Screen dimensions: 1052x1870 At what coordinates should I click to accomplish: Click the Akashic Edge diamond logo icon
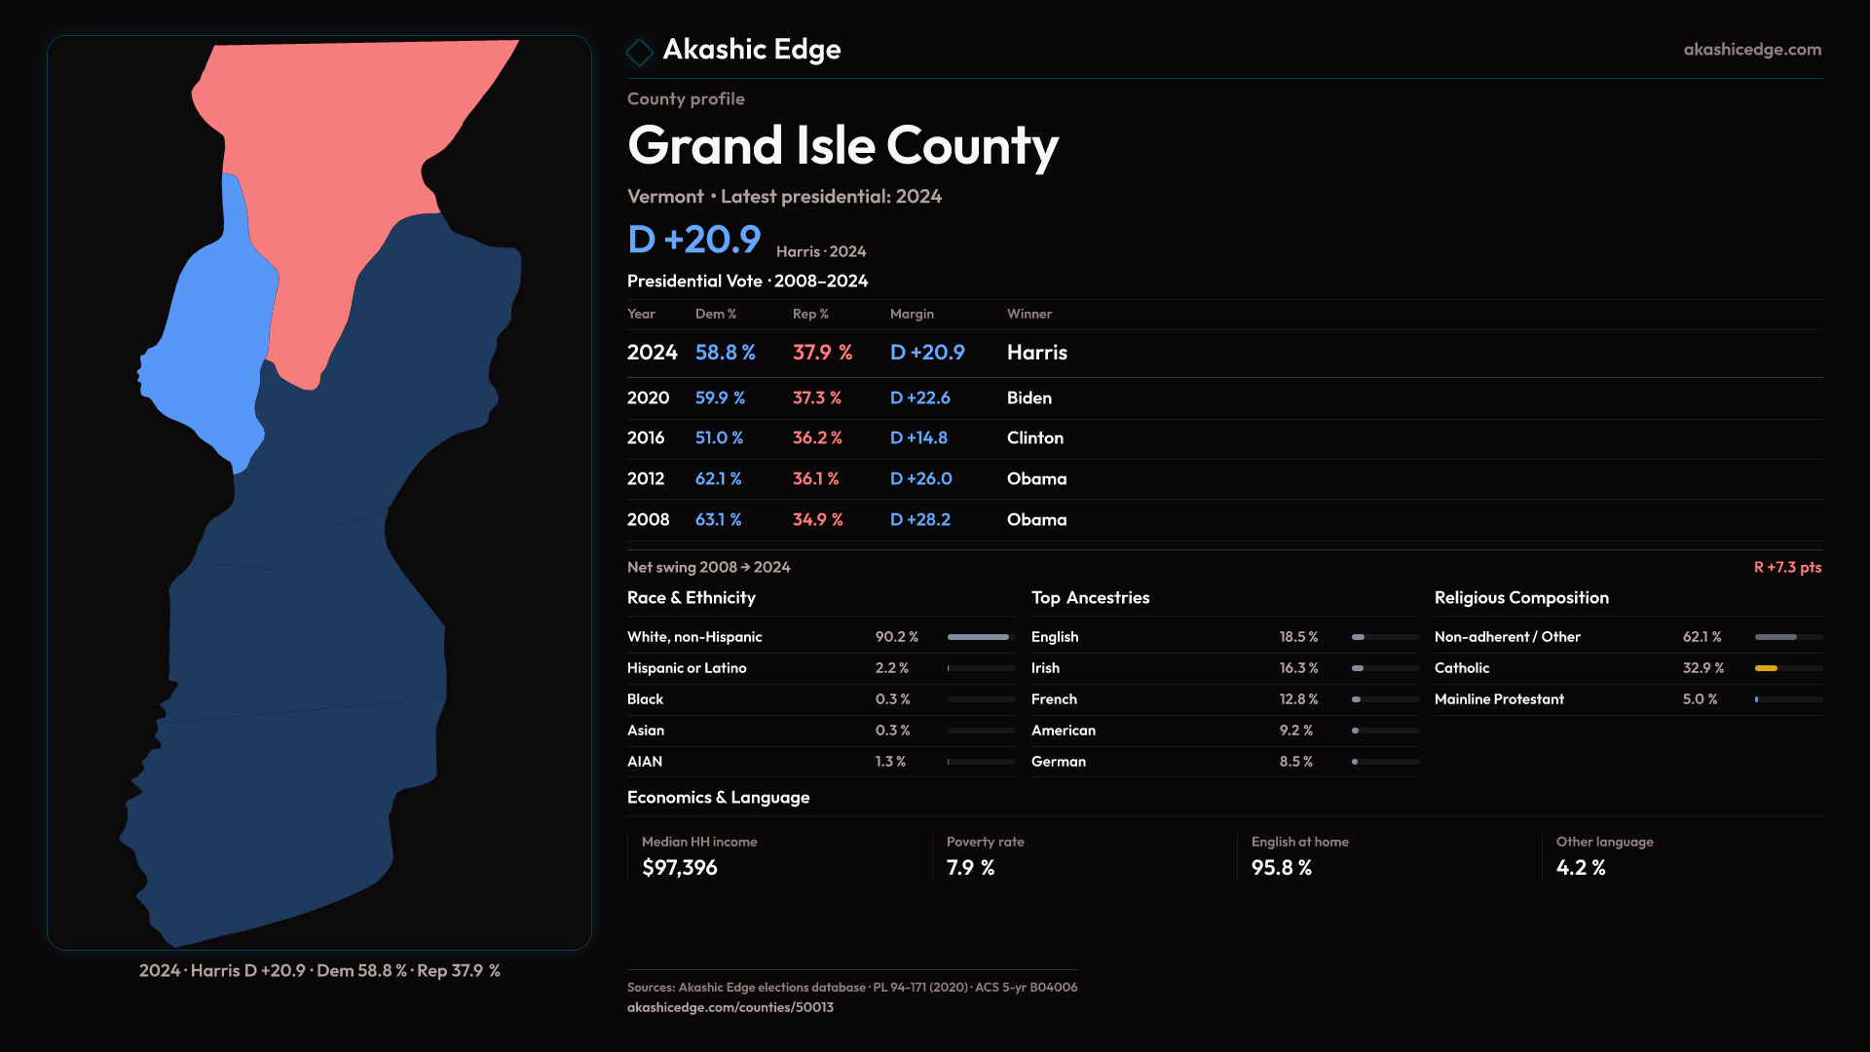[x=639, y=52]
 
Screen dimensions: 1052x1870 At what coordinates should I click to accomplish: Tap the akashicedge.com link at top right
[x=1751, y=49]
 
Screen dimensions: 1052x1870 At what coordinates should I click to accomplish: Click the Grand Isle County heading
[x=841, y=146]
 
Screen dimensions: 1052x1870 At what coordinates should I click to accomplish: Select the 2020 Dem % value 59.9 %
[x=720, y=397]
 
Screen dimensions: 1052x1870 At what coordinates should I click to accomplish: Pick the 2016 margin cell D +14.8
[x=918, y=438]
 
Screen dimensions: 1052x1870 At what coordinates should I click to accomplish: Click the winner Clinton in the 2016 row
[x=1034, y=438]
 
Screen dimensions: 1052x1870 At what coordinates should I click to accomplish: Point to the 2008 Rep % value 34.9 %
[x=817, y=520]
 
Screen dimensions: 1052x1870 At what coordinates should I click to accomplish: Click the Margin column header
[x=912, y=314]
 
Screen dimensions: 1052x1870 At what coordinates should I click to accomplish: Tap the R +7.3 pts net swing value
[x=1786, y=567]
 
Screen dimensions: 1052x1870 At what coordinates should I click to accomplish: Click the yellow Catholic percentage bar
[x=1766, y=668]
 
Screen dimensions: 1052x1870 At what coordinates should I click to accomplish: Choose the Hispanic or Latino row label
[x=687, y=668]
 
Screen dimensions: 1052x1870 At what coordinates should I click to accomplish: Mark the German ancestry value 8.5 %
[x=1295, y=762]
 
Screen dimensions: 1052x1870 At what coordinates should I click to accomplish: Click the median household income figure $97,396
[x=680, y=868]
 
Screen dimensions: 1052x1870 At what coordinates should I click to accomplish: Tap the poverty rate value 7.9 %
[x=970, y=868]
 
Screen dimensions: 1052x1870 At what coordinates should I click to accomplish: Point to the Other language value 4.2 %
[x=1580, y=868]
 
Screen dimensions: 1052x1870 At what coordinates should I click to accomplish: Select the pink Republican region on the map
[x=341, y=146]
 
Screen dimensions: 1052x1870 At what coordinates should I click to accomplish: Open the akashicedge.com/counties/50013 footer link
[x=729, y=1007]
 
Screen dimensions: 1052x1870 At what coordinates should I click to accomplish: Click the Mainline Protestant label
[x=1499, y=699]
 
